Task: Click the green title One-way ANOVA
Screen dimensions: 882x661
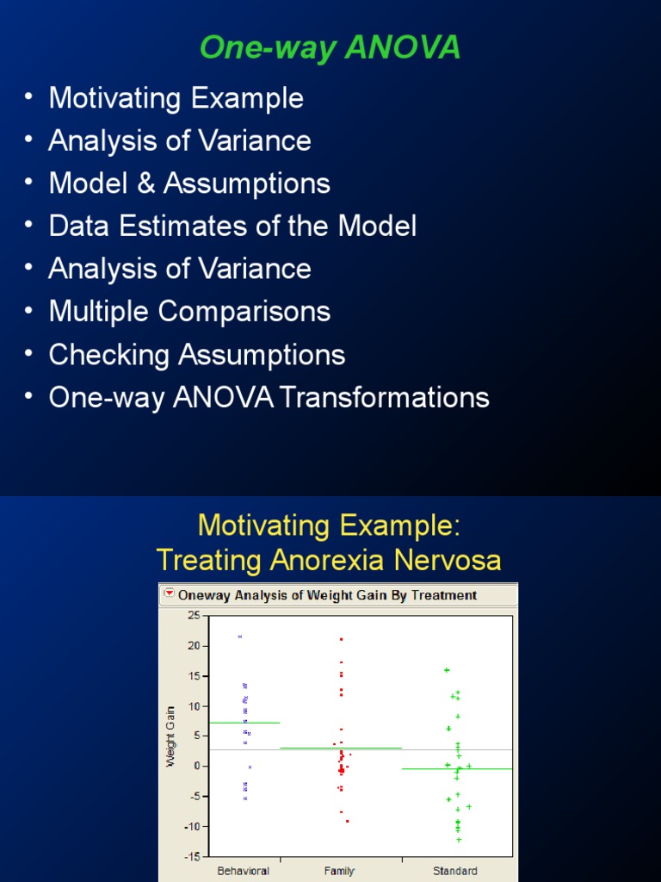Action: (x=330, y=48)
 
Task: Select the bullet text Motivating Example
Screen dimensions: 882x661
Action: (x=176, y=98)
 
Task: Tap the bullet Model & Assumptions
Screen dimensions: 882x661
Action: (x=189, y=183)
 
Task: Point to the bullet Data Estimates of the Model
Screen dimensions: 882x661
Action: (x=232, y=227)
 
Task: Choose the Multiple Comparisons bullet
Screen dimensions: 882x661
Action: (x=189, y=311)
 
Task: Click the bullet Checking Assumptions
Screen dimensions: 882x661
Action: (x=197, y=354)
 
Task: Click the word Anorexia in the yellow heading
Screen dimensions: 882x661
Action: (x=330, y=560)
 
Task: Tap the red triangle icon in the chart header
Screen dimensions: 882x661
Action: (x=169, y=594)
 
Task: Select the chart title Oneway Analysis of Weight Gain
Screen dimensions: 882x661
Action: (x=327, y=595)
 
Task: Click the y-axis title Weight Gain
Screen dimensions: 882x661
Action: (x=171, y=736)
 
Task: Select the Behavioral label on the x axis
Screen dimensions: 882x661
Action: (x=244, y=871)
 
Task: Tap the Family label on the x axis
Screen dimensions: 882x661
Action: (x=340, y=871)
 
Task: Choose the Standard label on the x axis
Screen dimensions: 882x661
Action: (x=455, y=871)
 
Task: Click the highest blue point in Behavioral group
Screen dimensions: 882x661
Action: (x=240, y=637)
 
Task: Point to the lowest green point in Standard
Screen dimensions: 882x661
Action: (x=459, y=839)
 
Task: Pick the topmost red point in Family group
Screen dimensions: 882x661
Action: (x=342, y=639)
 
